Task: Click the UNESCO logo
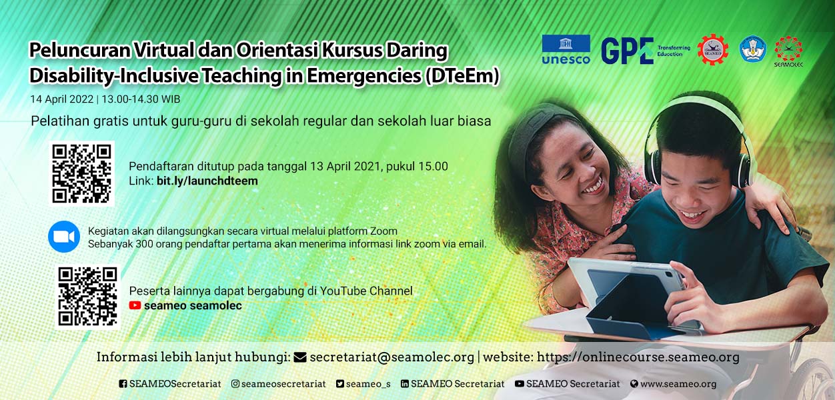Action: [x=566, y=49]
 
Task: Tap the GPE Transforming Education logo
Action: [x=646, y=51]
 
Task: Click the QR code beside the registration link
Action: [x=81, y=174]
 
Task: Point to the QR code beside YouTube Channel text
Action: [x=87, y=297]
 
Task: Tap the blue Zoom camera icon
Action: [x=64, y=237]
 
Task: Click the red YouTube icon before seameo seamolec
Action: [x=135, y=305]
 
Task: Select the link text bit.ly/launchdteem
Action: [x=207, y=181]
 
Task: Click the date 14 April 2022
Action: [x=61, y=99]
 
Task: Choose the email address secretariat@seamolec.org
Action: [x=391, y=357]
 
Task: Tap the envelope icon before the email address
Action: [x=300, y=357]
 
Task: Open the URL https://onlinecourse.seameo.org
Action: [x=638, y=357]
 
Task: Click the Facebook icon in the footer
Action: [x=123, y=383]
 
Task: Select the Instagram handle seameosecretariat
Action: [x=283, y=383]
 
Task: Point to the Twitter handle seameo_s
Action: [x=368, y=384]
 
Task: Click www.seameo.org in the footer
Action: [x=678, y=383]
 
